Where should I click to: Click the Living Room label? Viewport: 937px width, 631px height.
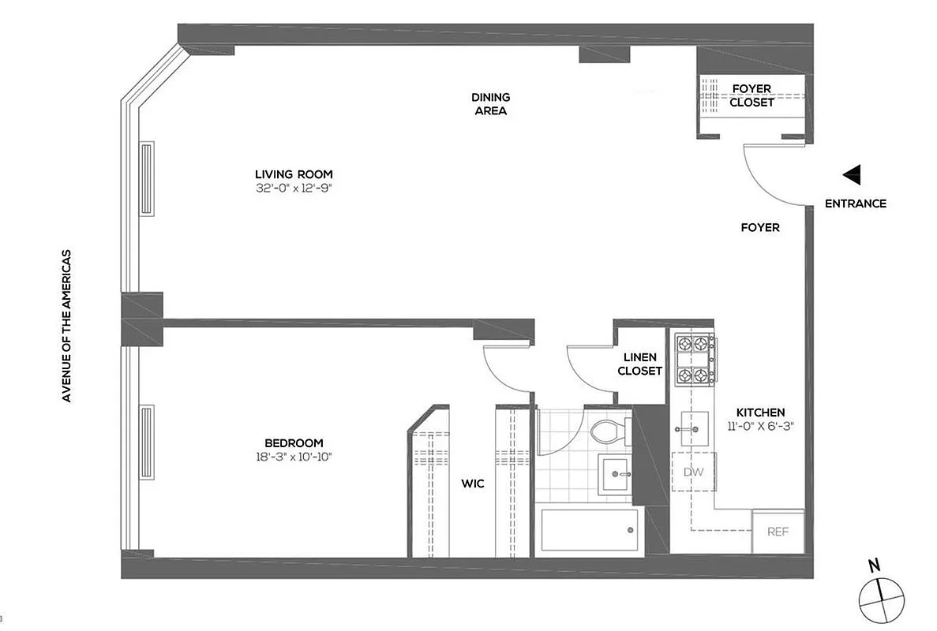(x=294, y=174)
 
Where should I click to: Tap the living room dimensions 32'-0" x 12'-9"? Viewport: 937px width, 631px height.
(x=294, y=188)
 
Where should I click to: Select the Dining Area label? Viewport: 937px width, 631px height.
(x=490, y=104)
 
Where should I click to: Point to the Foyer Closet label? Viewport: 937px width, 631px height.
(x=751, y=95)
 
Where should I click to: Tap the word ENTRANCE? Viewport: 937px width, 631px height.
(x=855, y=203)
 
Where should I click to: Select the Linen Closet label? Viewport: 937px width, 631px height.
(x=639, y=364)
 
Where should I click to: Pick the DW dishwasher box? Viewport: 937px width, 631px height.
(x=692, y=472)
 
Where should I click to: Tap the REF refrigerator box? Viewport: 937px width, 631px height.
(x=778, y=532)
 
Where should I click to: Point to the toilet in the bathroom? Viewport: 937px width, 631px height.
(x=609, y=431)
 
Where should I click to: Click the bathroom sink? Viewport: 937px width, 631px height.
(x=614, y=474)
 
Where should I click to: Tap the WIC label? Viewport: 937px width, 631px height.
(x=473, y=484)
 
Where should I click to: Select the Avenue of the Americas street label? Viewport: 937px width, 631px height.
(x=67, y=327)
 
